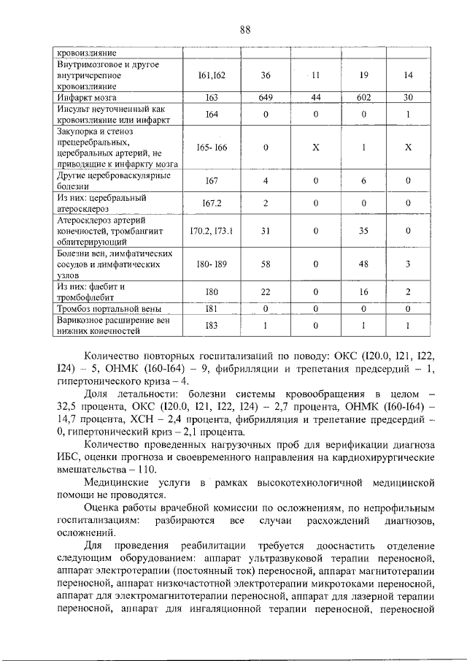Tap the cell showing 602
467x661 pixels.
coord(363,96)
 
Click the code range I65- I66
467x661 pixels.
coord(211,148)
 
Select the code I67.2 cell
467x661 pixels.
coord(211,202)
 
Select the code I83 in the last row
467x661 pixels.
coord(211,325)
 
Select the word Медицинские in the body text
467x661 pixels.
coord(118,484)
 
